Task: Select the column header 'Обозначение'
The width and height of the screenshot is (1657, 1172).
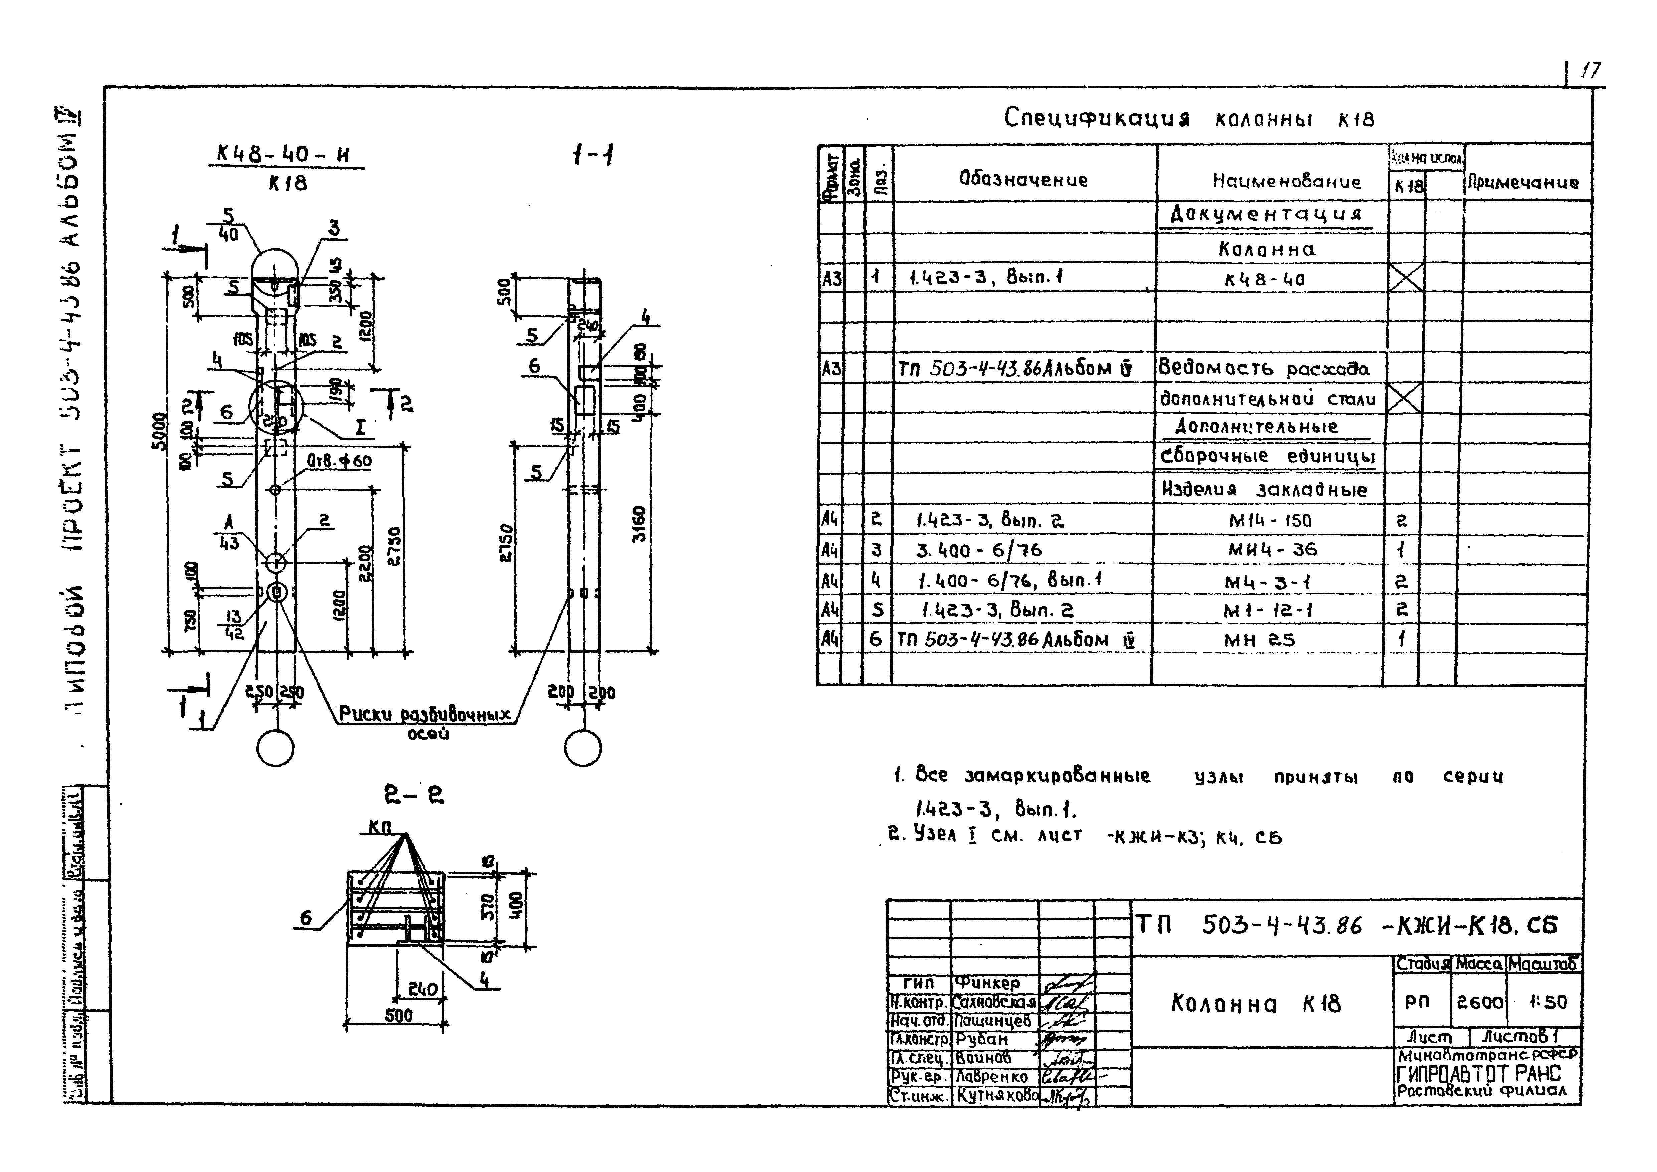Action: pyautogui.click(x=1023, y=180)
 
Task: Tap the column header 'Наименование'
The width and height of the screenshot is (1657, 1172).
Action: pyautogui.click(x=1286, y=182)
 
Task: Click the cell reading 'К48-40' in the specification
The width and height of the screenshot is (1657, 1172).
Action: pyautogui.click(x=1264, y=279)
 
